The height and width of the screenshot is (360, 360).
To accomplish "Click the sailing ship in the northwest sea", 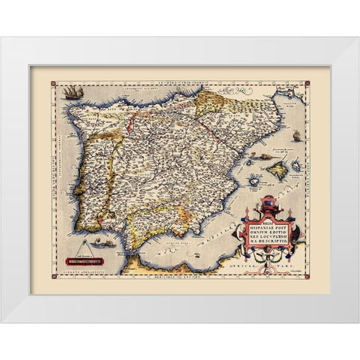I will click(x=71, y=92).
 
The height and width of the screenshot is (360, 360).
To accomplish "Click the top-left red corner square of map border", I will click(x=58, y=77).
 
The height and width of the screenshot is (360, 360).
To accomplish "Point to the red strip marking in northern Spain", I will click(x=131, y=120).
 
